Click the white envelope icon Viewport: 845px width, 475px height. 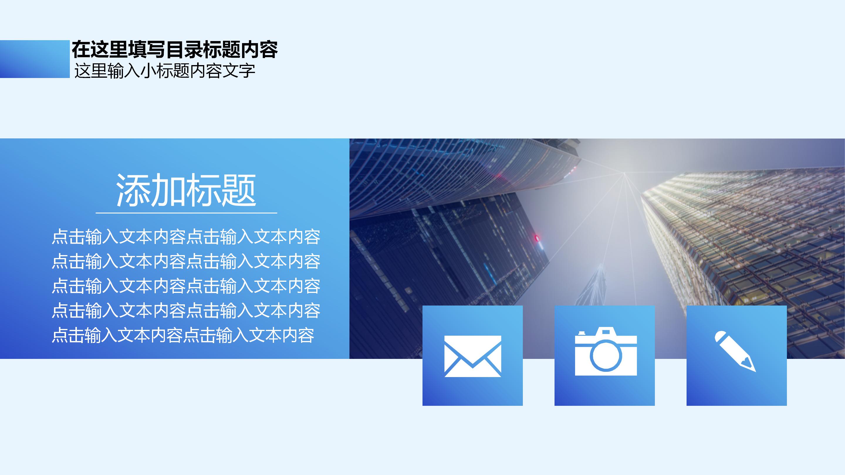click(x=472, y=356)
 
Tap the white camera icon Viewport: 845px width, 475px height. click(x=606, y=352)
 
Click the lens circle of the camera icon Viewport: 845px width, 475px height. click(x=606, y=356)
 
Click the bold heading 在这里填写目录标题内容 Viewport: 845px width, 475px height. click(x=175, y=50)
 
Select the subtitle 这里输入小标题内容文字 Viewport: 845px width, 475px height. click(x=165, y=71)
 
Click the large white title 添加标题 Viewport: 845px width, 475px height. click(x=186, y=191)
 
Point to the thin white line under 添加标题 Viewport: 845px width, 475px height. click(x=186, y=213)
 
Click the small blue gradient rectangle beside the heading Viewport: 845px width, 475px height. click(x=34, y=59)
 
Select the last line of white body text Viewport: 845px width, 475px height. click(x=183, y=335)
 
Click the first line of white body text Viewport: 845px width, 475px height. click(x=186, y=237)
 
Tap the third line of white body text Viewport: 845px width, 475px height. click(x=186, y=286)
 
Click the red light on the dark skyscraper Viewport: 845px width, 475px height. click(x=537, y=238)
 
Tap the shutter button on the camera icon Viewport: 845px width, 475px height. click(x=582, y=333)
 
